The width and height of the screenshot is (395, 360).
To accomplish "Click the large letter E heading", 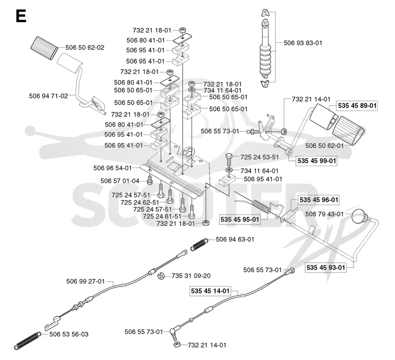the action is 21,16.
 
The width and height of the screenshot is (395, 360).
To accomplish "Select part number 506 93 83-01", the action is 303,43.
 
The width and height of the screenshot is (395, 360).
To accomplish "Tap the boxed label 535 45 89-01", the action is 357,106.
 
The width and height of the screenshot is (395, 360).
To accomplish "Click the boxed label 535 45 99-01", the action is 316,161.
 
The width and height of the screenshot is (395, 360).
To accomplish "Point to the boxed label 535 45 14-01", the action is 210,291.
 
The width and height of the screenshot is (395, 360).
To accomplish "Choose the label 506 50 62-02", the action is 84,47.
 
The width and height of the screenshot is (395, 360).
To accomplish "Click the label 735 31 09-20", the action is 191,276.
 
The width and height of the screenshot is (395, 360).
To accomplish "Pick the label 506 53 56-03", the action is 69,334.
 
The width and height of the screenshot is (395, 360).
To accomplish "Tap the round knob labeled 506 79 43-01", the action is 359,216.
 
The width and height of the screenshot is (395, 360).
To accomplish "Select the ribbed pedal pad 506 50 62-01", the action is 349,131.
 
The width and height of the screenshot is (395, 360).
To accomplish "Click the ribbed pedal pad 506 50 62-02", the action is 44,48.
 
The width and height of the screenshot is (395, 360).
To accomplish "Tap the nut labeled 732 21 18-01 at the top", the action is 182,30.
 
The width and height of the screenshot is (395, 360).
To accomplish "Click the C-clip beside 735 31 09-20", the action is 161,276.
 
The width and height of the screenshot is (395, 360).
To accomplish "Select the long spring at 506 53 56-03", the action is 27,341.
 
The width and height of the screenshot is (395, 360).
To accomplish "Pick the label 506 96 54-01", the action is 113,168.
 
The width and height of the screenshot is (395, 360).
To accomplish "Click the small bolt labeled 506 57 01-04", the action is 150,180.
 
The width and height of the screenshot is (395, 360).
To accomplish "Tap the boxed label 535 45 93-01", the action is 325,268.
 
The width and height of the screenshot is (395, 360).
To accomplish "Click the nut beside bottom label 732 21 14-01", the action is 177,344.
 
